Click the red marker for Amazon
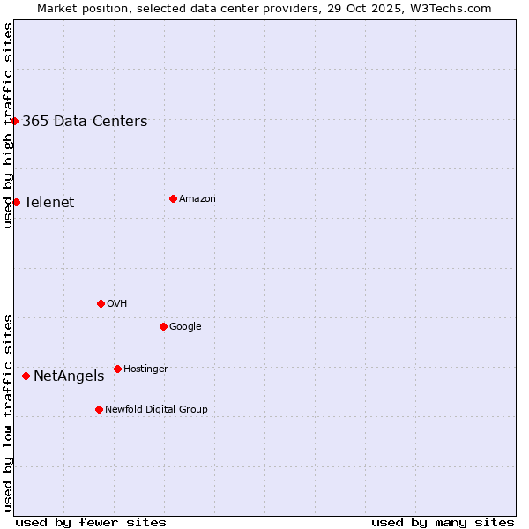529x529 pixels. [173, 198]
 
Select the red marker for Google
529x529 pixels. [163, 326]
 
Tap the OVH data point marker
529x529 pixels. [101, 303]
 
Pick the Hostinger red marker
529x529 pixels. [117, 369]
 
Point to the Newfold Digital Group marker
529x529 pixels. [99, 409]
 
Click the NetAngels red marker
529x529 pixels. [26, 376]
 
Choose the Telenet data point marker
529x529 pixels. [16, 202]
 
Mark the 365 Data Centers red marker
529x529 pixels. [15, 121]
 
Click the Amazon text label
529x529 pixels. [197, 199]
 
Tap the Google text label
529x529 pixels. [185, 327]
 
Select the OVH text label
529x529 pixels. [117, 304]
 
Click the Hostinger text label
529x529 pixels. [145, 369]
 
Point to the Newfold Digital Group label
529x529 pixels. [156, 410]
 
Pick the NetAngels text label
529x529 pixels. [69, 376]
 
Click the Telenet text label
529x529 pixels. [49, 203]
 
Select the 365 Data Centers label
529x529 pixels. [85, 122]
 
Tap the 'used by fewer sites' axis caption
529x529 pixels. [91, 522]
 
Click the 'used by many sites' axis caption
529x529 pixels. [443, 522]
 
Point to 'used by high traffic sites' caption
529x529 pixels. [8, 125]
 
